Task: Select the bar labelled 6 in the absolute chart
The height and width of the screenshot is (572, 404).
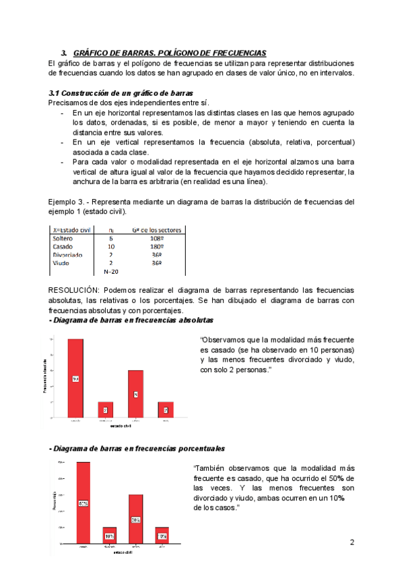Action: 135,394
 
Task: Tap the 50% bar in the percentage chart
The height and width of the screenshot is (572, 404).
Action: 83,503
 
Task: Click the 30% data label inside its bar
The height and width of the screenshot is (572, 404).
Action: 135,520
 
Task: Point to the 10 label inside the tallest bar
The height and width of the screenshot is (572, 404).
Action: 75,379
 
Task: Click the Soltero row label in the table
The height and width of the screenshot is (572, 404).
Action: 63,238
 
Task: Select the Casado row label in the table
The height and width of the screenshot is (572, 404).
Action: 63,247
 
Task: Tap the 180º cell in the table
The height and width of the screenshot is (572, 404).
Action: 158,247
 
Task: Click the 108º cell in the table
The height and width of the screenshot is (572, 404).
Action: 158,238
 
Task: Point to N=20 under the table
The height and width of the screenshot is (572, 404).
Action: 111,272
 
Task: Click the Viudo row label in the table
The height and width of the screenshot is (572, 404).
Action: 61,263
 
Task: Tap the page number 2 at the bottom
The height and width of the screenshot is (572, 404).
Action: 352,543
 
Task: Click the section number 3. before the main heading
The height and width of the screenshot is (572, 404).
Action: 63,53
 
